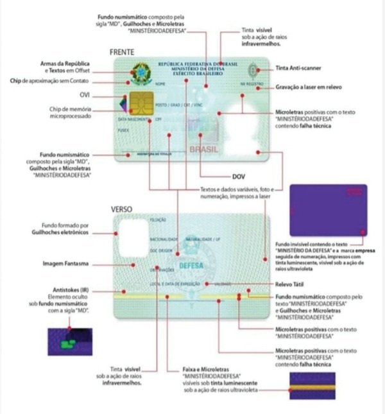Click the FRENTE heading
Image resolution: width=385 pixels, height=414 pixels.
pos(123,51)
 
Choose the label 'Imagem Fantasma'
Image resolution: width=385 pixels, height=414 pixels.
pos(65,264)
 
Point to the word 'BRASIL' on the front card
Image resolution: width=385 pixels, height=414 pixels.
pos(203,150)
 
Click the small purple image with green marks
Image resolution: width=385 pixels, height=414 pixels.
pos(70,341)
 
